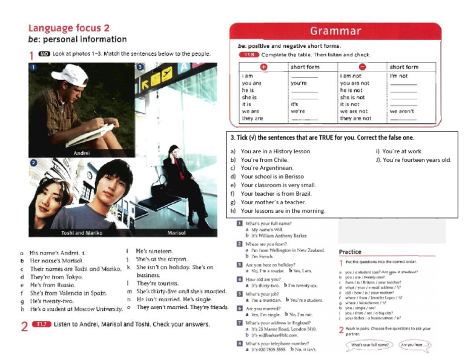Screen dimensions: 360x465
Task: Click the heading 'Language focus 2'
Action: pos(69,28)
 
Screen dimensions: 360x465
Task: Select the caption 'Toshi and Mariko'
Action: pos(82,233)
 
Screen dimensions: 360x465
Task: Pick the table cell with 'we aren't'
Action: pos(402,112)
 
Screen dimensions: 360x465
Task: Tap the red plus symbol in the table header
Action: pos(264,67)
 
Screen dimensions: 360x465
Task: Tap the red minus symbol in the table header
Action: pos(362,67)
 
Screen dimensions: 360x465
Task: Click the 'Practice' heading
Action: pos(350,252)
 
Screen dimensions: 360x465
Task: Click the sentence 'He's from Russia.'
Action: pos(53,284)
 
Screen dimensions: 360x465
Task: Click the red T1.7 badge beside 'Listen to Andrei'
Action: pos(42,325)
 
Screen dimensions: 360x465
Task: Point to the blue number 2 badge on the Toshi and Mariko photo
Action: pos(34,163)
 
